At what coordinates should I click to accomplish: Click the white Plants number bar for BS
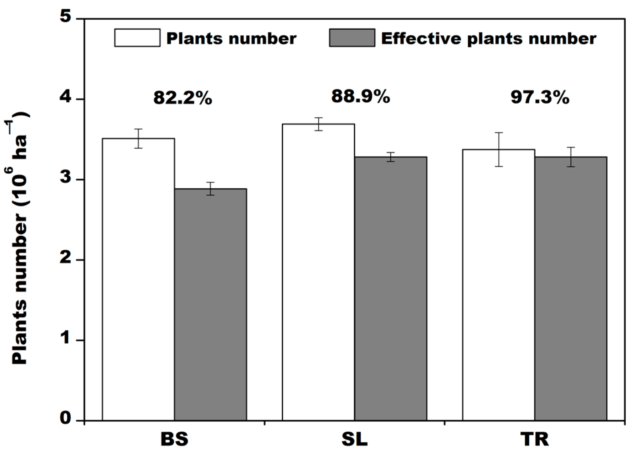(x=138, y=278)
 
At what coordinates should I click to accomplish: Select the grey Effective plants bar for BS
(x=210, y=303)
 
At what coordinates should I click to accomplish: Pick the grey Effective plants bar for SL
(x=390, y=288)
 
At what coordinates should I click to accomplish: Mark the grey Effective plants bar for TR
(x=570, y=288)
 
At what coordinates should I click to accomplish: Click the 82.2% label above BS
(x=182, y=98)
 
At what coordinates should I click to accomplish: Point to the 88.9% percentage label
(x=361, y=96)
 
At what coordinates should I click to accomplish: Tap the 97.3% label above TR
(x=540, y=97)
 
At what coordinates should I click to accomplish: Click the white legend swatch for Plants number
(x=137, y=38)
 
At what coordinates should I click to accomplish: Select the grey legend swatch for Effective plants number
(x=352, y=38)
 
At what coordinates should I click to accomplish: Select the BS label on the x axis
(x=174, y=439)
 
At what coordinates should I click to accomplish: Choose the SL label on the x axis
(x=354, y=439)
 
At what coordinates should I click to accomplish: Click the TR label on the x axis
(x=534, y=439)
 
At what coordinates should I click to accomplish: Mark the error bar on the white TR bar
(x=498, y=150)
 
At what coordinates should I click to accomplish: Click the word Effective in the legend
(x=421, y=38)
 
